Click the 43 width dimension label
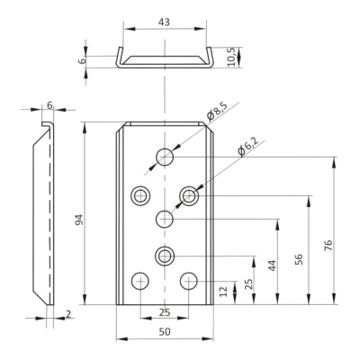point(165,22)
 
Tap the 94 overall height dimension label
point(79,220)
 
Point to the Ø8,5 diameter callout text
point(217,112)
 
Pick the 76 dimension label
point(328,245)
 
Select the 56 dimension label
point(299,259)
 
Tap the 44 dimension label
point(272,265)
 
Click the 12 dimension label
point(224,291)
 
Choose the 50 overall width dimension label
point(165,332)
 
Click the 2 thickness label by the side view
point(68,314)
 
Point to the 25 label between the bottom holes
point(165,312)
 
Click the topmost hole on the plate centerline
point(165,157)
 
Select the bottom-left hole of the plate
point(140,281)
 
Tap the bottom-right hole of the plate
point(189,281)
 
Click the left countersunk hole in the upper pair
point(140,196)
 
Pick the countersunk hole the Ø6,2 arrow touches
point(189,196)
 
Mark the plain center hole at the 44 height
point(165,219)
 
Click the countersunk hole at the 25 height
point(165,256)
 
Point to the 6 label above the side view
point(49,105)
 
